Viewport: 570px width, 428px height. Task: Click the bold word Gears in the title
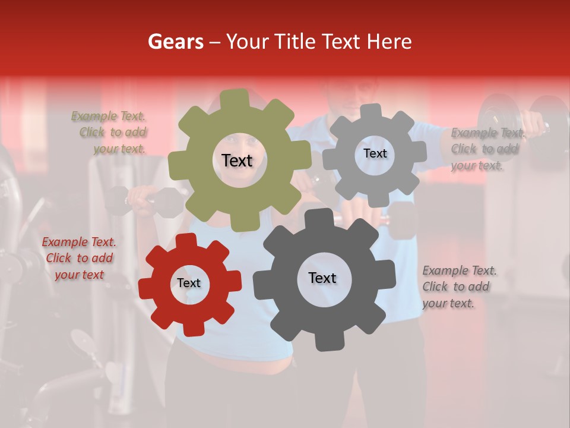pos(176,42)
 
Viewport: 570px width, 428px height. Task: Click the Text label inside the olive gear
pos(237,160)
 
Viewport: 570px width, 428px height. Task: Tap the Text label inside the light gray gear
pos(375,153)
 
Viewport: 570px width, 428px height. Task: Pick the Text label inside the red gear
pos(189,284)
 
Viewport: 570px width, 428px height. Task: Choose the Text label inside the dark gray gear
pos(322,278)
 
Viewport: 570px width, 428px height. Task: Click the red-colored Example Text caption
pos(79,258)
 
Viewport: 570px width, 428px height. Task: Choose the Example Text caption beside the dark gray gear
pos(459,287)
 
